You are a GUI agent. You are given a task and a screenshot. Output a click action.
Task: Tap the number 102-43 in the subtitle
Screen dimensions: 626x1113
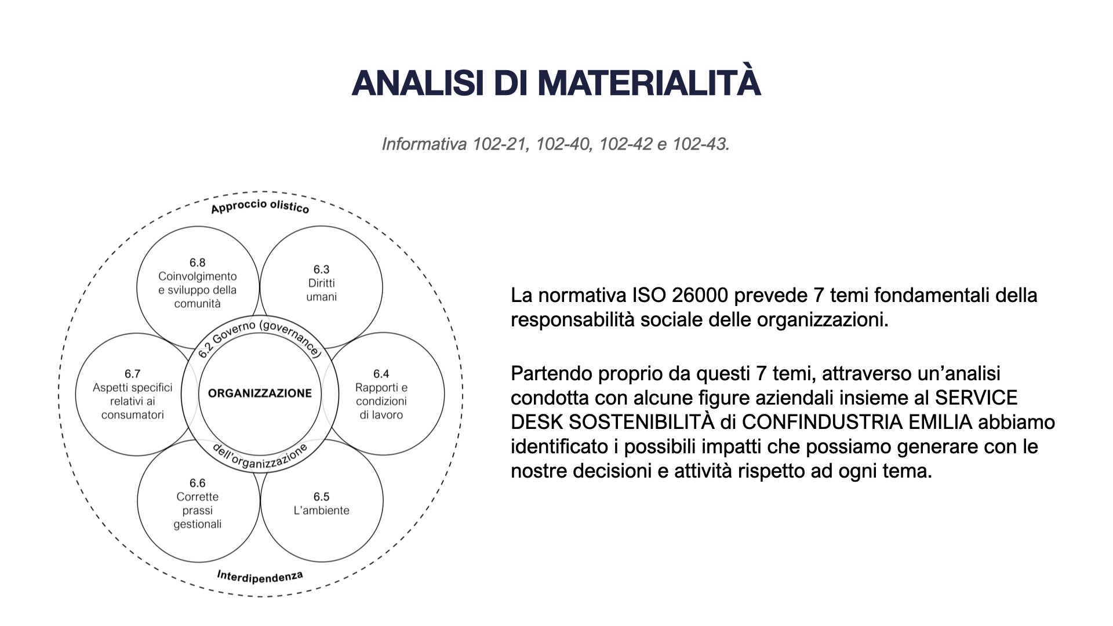click(x=700, y=144)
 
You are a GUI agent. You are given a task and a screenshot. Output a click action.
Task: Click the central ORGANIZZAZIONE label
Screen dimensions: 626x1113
click(x=260, y=394)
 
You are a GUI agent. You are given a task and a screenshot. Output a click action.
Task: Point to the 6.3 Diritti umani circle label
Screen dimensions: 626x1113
click(x=321, y=283)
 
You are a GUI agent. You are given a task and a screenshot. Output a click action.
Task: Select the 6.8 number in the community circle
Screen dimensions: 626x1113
click(x=197, y=263)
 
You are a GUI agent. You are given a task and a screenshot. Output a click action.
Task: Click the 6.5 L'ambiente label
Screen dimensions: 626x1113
click(x=321, y=504)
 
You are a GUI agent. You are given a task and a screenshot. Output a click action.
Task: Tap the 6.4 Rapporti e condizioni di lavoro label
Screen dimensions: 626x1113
click(x=381, y=394)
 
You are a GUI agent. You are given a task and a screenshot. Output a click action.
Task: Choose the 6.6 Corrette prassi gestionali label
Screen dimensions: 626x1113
click(x=197, y=503)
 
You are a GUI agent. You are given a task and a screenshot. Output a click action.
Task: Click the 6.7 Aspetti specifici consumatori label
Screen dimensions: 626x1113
click(x=133, y=394)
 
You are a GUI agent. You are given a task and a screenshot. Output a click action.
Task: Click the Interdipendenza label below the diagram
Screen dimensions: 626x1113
click(x=260, y=577)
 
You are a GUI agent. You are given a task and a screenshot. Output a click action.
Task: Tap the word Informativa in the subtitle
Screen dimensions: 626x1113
click(x=424, y=144)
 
